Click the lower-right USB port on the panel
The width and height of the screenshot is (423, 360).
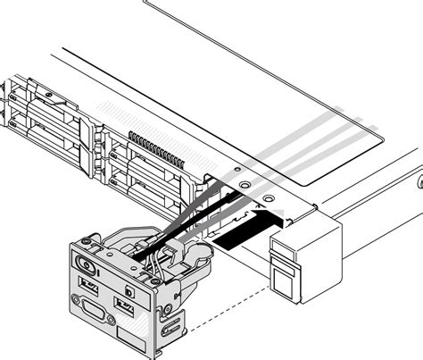(125, 308)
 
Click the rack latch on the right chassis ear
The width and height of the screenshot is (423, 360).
(286, 272)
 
